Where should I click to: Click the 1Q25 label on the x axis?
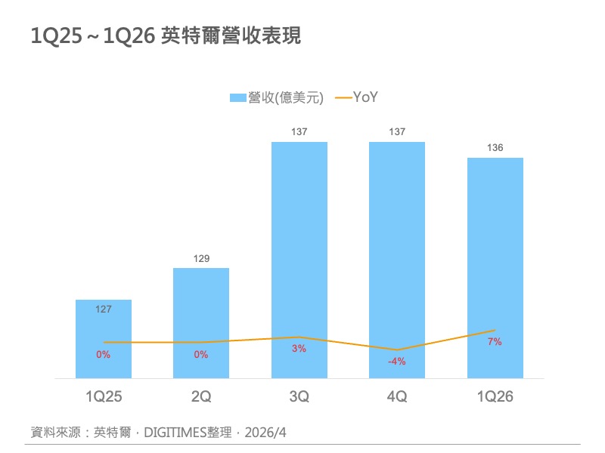click(x=104, y=396)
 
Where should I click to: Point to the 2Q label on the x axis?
click(x=201, y=396)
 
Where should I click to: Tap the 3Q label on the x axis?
click(x=299, y=396)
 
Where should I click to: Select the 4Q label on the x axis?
click(x=397, y=396)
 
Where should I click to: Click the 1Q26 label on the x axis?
click(x=495, y=396)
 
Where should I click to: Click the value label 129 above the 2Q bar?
click(x=201, y=259)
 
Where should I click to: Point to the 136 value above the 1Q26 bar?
click(x=495, y=148)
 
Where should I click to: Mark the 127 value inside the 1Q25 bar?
click(x=104, y=309)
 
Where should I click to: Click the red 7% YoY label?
click(x=495, y=342)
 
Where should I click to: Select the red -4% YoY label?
click(x=397, y=362)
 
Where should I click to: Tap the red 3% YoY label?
click(x=299, y=349)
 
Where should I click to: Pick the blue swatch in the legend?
click(x=237, y=97)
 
